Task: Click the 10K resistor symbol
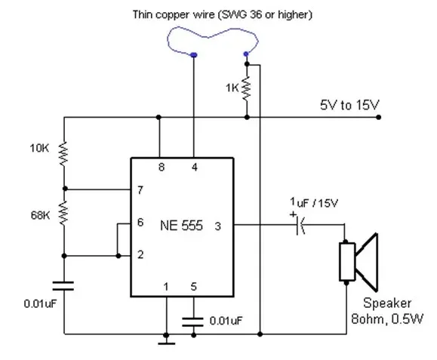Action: [x=64, y=154]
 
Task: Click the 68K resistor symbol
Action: [x=64, y=214]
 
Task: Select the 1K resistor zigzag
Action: [x=247, y=88]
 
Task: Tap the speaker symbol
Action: [x=359, y=262]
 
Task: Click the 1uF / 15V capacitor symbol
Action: [x=300, y=225]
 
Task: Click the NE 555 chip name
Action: [x=181, y=226]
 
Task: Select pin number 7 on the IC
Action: [x=140, y=190]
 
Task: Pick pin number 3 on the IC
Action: [x=218, y=226]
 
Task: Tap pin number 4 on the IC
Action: [x=195, y=168]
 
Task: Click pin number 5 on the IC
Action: [x=194, y=287]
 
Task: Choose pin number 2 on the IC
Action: [x=140, y=254]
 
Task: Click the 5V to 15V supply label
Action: [x=349, y=105]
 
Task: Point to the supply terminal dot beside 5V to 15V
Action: [x=378, y=117]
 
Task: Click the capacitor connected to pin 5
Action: [x=192, y=322]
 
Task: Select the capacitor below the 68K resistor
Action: [x=63, y=286]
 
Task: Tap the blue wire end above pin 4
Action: [x=194, y=55]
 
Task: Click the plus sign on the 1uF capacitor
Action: [x=293, y=214]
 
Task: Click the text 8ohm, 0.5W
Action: [x=387, y=318]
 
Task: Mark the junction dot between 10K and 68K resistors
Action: [x=65, y=189]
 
